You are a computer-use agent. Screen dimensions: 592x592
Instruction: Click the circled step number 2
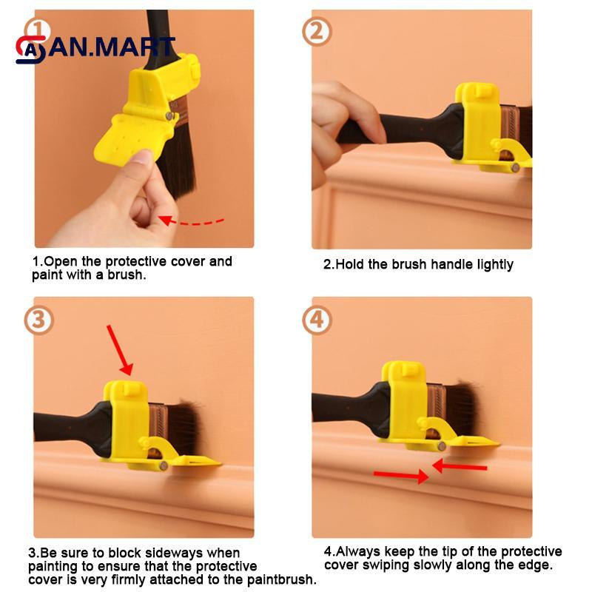pyautogui.click(x=316, y=32)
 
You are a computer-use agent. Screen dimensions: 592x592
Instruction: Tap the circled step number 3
pyautogui.click(x=38, y=320)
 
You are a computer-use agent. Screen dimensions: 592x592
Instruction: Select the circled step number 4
pyautogui.click(x=317, y=320)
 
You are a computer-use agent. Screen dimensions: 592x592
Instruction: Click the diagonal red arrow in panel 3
pyautogui.click(x=120, y=349)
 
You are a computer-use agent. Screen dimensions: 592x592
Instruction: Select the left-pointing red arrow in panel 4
pyautogui.click(x=460, y=466)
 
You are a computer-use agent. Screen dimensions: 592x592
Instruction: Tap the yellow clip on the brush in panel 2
pyautogui.click(x=478, y=122)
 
